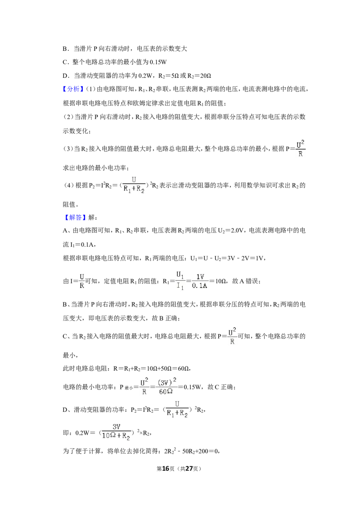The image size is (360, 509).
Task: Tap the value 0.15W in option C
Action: click(158, 62)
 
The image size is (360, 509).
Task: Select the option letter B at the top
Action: click(65, 49)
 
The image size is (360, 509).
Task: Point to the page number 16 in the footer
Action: click(166, 469)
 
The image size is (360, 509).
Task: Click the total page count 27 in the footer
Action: click(189, 469)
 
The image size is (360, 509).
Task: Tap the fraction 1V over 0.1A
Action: click(200, 281)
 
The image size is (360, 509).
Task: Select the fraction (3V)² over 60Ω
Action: click(166, 387)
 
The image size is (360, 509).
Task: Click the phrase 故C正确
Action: click(221, 387)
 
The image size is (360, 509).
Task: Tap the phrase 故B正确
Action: click(166, 318)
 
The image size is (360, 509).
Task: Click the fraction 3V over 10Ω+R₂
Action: click(116, 433)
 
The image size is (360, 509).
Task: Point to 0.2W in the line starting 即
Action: click(81, 433)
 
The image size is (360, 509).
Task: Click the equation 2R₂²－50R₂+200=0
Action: click(192, 451)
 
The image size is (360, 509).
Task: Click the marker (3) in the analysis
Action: click(68, 149)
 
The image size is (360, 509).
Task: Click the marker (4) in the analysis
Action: click(69, 185)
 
